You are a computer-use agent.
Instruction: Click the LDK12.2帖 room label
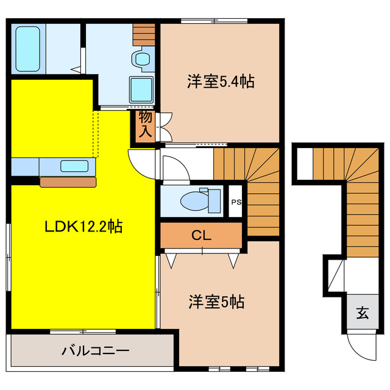[x=83, y=227]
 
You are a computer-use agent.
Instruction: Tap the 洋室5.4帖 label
[x=219, y=81]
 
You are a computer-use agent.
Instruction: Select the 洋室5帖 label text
[x=216, y=301]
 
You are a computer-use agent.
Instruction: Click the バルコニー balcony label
[x=94, y=351]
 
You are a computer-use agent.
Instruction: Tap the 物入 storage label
[x=145, y=123]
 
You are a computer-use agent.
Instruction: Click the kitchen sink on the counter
[x=73, y=165]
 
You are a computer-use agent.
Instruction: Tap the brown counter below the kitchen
[x=68, y=181]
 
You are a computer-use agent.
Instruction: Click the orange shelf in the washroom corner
[x=144, y=35]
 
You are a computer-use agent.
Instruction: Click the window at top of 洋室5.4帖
[x=213, y=23]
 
